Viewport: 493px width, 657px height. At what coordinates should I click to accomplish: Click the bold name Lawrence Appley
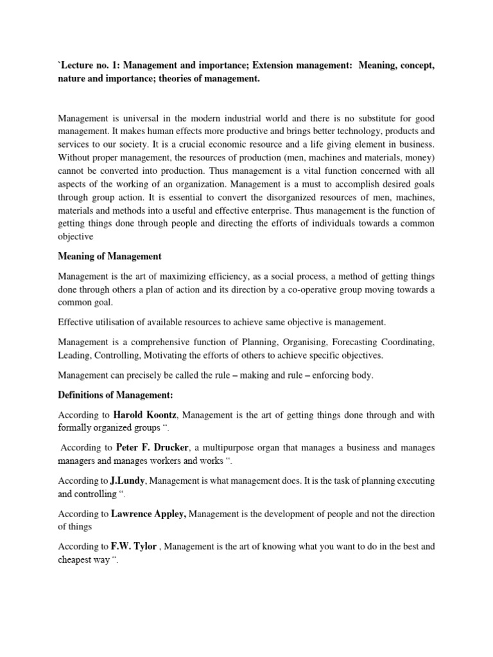(149, 514)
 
